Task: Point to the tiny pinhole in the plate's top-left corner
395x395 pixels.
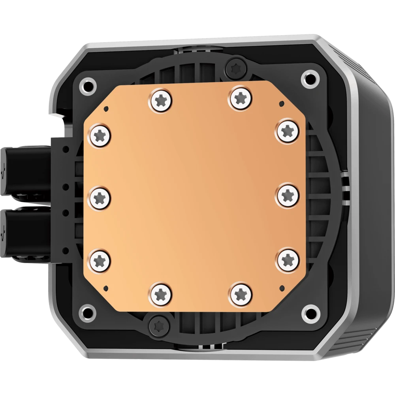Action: (x=106, y=107)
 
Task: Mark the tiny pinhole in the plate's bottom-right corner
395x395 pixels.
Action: (x=281, y=285)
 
